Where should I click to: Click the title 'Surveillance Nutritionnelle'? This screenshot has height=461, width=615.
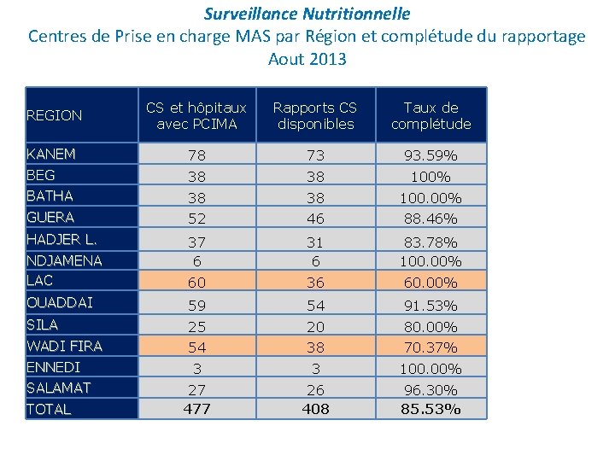[x=307, y=14]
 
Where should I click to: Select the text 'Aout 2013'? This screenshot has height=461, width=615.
[x=307, y=59]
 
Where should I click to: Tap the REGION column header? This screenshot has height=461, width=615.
[x=54, y=115]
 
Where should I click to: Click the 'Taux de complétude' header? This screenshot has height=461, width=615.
[x=431, y=115]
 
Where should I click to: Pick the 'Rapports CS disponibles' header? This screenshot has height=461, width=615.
[x=315, y=115]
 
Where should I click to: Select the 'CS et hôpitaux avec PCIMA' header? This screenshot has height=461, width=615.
[x=196, y=115]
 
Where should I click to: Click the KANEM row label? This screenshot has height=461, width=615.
[x=51, y=154]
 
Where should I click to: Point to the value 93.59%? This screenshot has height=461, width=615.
[x=430, y=155]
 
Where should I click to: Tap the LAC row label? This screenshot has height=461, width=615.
[x=39, y=280]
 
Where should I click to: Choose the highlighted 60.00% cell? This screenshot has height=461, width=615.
[x=430, y=283]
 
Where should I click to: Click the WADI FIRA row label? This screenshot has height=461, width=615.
[x=64, y=346]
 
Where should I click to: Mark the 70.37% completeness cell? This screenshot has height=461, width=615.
[x=430, y=347]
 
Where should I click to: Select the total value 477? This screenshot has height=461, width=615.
[x=197, y=409]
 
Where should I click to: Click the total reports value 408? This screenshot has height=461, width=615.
[x=316, y=409]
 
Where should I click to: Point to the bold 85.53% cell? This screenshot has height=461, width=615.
[x=430, y=409]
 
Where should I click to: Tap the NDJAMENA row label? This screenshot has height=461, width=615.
[x=64, y=260]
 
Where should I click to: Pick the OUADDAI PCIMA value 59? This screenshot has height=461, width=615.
[x=197, y=306]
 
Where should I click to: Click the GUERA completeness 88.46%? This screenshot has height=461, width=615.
[x=430, y=219]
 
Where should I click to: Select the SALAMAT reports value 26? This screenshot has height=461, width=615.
[x=316, y=390]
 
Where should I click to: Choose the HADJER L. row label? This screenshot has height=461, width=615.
[x=61, y=239]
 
